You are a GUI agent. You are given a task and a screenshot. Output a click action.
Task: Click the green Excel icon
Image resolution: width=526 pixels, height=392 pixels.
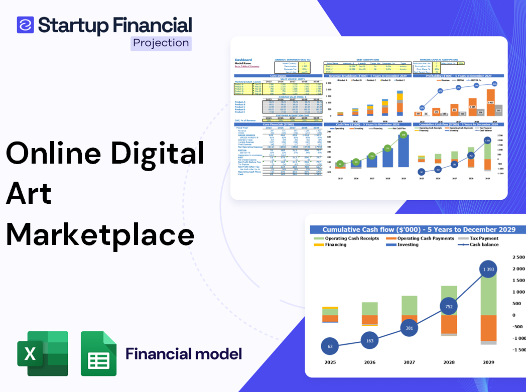pyautogui.click(x=42, y=353)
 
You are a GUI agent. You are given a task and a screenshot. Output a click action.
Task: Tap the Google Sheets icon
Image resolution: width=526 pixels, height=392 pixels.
pyautogui.click(x=98, y=353)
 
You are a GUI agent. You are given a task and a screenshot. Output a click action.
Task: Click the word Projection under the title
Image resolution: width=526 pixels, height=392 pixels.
pyautogui.click(x=161, y=43)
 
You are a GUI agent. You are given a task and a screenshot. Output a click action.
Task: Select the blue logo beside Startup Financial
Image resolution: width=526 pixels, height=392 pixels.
pyautogui.click(x=25, y=25)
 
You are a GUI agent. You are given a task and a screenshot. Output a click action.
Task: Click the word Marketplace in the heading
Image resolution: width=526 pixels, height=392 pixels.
pyautogui.click(x=100, y=234)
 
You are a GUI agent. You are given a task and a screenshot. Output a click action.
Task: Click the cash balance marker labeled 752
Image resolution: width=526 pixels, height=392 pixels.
pyautogui.click(x=448, y=307)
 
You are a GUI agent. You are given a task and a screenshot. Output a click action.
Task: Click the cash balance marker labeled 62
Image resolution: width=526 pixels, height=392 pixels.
pyautogui.click(x=330, y=346)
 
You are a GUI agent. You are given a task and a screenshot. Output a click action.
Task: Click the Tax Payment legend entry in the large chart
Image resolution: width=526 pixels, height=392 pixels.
pyautogui.click(x=483, y=238)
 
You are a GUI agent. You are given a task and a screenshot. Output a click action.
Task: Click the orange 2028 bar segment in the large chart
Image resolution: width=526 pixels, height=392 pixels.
pyautogui.click(x=449, y=324)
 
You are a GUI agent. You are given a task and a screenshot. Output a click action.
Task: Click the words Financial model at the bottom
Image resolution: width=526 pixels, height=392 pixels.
pyautogui.click(x=183, y=354)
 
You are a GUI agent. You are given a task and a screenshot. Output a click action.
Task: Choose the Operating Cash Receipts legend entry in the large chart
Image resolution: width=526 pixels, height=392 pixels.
pyautogui.click(x=352, y=238)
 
